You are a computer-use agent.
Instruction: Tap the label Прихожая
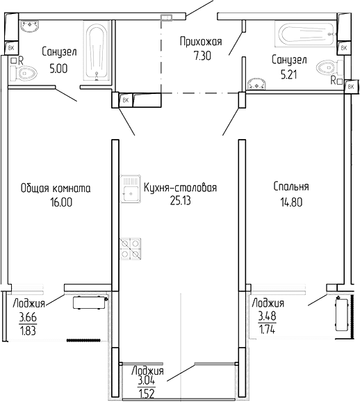pyautogui.click(x=200, y=42)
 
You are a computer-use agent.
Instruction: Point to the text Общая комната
pyautogui.click(x=56, y=188)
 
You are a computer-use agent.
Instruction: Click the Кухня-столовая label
pyautogui.click(x=181, y=188)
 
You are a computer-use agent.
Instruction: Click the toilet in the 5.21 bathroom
pyautogui.click(x=327, y=68)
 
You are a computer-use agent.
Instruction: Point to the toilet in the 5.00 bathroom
pyautogui.click(x=17, y=70)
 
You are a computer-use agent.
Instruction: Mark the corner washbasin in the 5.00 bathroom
pyautogui.click(x=30, y=27)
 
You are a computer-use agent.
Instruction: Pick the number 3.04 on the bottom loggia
pyautogui.click(x=147, y=381)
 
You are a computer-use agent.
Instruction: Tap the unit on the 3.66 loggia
pyautogui.click(x=89, y=303)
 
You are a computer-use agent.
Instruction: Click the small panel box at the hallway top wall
pyautogui.click(x=165, y=19)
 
